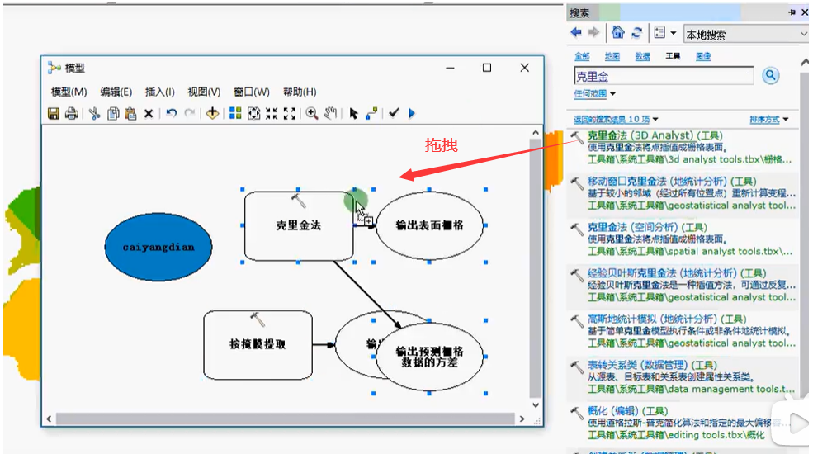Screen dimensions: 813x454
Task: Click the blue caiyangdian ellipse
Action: [158, 246]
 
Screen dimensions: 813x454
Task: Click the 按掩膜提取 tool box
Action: [258, 344]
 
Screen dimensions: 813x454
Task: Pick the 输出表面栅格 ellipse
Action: [429, 225]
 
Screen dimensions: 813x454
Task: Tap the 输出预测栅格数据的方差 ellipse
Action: [428, 356]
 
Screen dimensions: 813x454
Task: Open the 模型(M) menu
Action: [69, 92]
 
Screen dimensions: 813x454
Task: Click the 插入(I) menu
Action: [159, 92]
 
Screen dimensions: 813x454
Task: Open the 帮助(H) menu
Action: [299, 92]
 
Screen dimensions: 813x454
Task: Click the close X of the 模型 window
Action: [524, 68]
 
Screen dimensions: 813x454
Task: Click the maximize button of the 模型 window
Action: [487, 68]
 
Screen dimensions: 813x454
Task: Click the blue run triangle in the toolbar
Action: [412, 113]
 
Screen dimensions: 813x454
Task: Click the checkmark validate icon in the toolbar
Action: [394, 113]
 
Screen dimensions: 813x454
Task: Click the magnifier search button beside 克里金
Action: [770, 76]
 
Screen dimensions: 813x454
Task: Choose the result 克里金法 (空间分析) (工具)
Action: [646, 227]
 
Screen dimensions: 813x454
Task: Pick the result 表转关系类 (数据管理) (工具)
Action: [651, 365]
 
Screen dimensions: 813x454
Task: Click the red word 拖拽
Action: [442, 146]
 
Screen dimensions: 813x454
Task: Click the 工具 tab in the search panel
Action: [672, 56]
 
